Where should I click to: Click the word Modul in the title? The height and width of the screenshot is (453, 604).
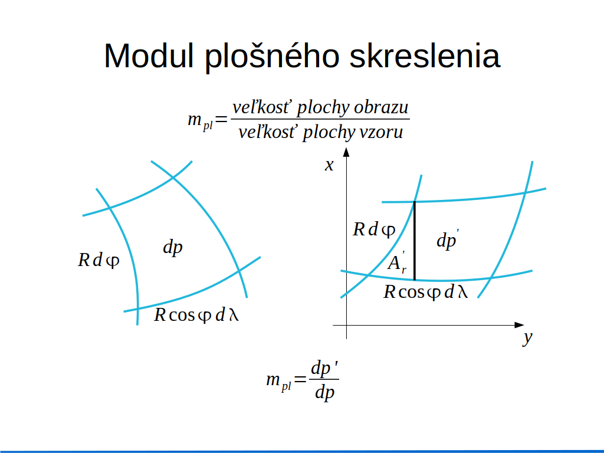[x=149, y=56]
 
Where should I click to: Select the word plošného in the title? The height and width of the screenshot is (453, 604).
[x=272, y=57]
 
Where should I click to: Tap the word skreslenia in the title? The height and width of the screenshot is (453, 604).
[x=425, y=56]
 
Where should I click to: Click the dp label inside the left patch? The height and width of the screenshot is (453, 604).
[x=173, y=247]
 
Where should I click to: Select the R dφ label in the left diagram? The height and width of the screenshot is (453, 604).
[x=99, y=260]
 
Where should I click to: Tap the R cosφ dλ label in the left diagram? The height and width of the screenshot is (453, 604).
[x=196, y=315]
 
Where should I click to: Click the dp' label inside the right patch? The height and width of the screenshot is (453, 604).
[x=448, y=240]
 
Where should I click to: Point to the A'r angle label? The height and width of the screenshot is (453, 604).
[x=397, y=262]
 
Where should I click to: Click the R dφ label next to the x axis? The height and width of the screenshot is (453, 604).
[x=374, y=229]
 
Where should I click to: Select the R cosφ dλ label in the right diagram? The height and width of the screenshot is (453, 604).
[x=426, y=292]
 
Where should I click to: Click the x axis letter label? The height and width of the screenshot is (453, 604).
[x=329, y=165]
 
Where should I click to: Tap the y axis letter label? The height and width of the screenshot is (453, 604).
[x=528, y=338]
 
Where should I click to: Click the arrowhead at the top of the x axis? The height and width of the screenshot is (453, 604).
[x=346, y=152]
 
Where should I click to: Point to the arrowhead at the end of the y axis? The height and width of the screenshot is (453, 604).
[x=519, y=325]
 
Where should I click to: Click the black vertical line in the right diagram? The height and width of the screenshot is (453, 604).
[x=415, y=241]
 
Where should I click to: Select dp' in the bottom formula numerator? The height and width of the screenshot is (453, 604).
[x=324, y=368]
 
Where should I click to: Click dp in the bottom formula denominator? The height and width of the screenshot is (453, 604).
[x=324, y=393]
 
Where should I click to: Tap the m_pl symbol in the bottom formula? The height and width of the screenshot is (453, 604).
[x=278, y=382]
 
